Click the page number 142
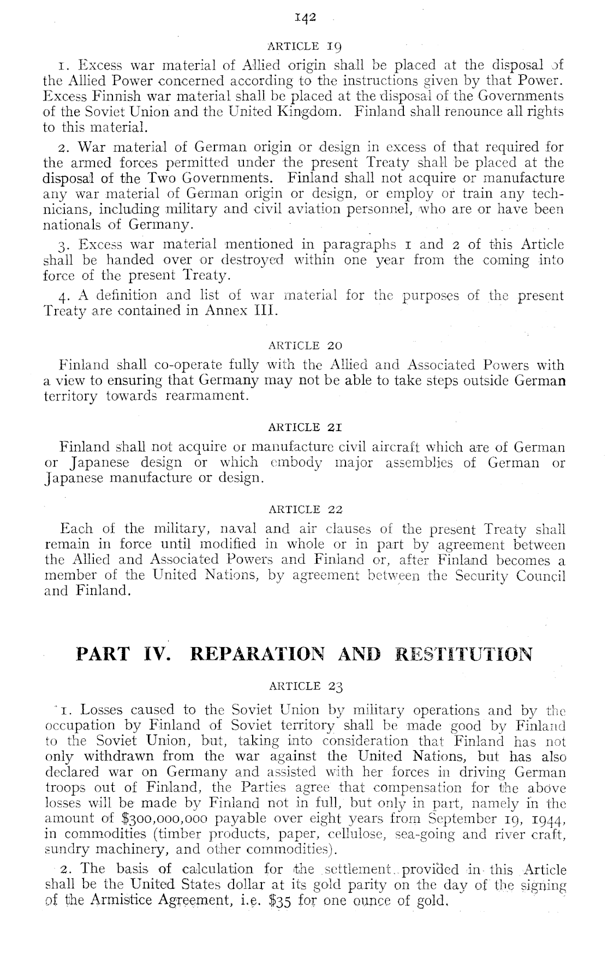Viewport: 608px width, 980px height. (x=304, y=18)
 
